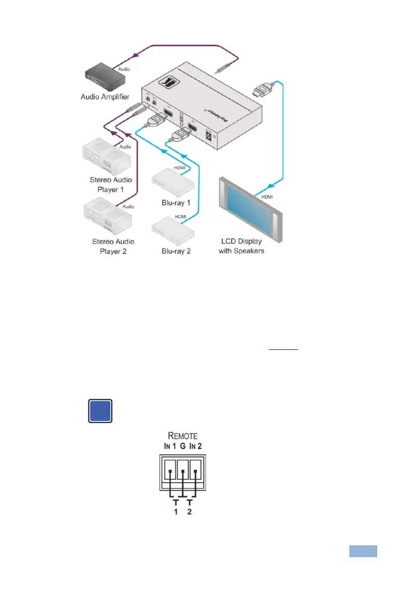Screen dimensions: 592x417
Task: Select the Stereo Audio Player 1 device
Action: [x=106, y=156]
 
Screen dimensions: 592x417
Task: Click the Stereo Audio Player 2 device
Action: [x=106, y=217]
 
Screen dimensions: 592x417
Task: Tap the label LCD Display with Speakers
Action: [x=242, y=246]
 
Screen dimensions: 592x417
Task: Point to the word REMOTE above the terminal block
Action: [x=182, y=436]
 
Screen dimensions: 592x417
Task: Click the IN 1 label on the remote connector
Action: [x=169, y=446]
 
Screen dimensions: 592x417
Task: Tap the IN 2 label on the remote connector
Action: [x=196, y=446]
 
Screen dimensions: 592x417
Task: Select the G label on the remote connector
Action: [x=182, y=446]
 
